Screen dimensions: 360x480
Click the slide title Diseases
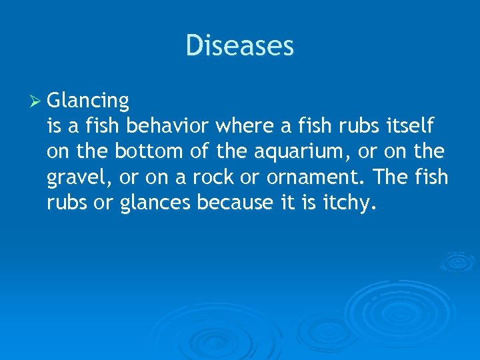coord(239,46)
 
